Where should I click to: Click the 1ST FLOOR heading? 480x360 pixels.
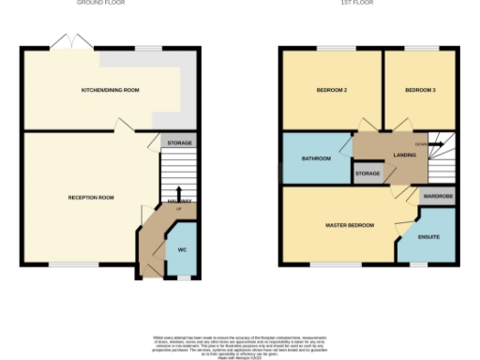point(367,3)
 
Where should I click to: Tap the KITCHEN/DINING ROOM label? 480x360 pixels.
point(111,90)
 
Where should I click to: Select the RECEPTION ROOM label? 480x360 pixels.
point(91,198)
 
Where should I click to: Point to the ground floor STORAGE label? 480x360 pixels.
point(180,142)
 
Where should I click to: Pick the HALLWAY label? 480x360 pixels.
point(180,202)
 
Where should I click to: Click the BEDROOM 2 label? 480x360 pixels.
point(331,90)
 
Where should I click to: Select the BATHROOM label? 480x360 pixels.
point(316,159)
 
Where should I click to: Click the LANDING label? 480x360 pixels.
point(405,157)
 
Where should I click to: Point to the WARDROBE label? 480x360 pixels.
point(438,197)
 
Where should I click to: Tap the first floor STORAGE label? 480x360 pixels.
point(367,173)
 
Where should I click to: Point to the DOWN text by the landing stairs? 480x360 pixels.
point(421,144)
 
